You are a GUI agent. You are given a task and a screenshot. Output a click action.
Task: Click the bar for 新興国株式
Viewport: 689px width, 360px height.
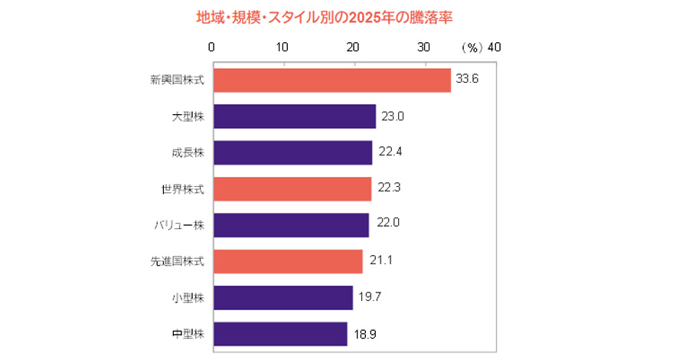coord(331,80)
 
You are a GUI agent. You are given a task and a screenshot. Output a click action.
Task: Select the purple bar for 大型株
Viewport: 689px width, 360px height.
coord(295,116)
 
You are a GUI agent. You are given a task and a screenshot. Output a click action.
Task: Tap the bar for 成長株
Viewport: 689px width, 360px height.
coord(292,152)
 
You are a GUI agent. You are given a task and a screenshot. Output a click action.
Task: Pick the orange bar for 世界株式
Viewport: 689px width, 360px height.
coord(292,188)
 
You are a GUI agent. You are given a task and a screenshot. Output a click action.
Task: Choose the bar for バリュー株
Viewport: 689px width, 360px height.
coord(291,225)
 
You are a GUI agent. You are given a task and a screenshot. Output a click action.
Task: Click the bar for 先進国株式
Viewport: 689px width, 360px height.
coord(288,261)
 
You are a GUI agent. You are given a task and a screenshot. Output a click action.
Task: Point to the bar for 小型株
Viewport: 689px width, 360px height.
coord(283,297)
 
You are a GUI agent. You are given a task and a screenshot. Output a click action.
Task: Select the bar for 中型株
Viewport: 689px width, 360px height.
coord(280,333)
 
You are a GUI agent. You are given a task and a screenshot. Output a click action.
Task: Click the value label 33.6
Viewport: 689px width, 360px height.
coord(467,80)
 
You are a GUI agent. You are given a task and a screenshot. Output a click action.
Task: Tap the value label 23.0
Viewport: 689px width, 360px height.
coord(392,116)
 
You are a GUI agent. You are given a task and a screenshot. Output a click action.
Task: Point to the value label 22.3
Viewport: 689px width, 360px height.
coord(387,188)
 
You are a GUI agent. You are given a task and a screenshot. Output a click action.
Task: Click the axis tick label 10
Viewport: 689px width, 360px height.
coord(282,47)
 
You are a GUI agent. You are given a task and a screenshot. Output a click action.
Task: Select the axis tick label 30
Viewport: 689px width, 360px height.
coord(424,47)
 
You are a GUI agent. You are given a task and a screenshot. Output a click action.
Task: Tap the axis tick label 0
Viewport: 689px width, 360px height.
coord(212,47)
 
